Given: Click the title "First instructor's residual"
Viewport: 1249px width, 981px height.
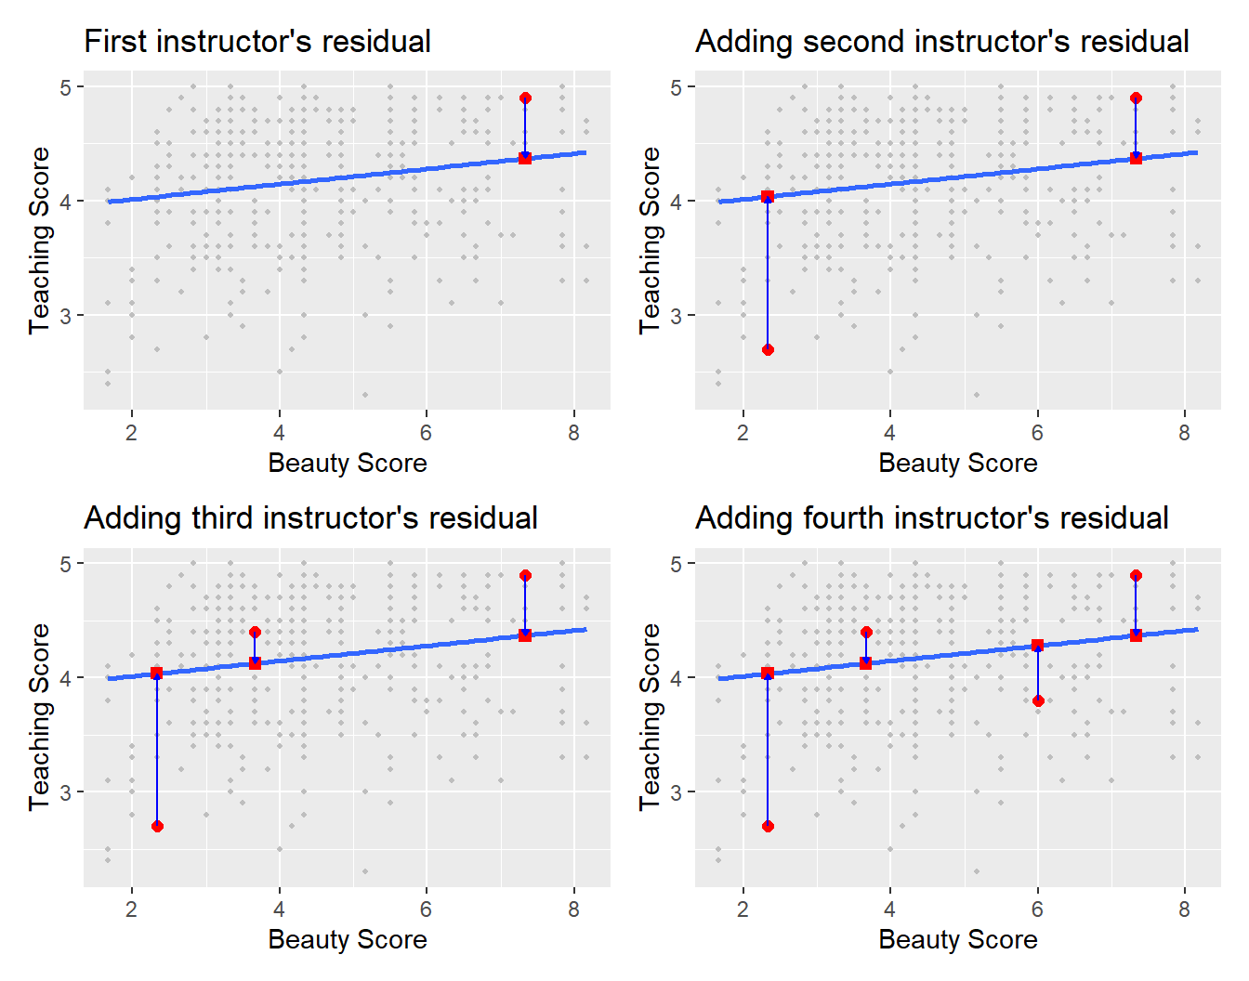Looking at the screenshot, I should coord(257,42).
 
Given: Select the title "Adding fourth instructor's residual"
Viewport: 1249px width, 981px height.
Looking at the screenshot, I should coord(932,518).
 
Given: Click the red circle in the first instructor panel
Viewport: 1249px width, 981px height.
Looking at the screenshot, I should coord(525,98).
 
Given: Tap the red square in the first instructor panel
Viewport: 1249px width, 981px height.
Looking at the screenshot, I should coord(525,158).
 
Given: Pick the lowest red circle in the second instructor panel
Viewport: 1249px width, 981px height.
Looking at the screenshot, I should coord(768,349).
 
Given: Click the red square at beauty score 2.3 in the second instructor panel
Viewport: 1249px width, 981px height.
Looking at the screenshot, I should coord(768,196).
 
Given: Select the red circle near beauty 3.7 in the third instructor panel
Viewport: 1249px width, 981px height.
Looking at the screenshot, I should coord(255,632).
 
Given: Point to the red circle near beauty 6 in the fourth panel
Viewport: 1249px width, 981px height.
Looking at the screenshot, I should coord(1038,700).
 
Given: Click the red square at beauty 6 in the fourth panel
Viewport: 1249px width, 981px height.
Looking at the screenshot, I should coord(1038,645).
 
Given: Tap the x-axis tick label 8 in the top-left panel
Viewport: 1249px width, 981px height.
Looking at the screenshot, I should coord(573,433).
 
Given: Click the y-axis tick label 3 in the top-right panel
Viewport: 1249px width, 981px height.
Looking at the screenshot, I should coord(676,316).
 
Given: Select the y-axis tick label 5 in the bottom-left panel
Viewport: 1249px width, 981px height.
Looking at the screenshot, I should coord(65,564).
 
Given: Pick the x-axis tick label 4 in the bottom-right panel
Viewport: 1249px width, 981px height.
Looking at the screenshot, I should coord(890,909).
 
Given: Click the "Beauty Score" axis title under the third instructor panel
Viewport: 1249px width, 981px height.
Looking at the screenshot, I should coord(348,939).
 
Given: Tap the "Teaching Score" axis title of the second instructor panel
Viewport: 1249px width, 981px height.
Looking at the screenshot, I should coord(650,240).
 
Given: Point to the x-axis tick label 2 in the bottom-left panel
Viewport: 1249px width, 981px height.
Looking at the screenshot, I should coord(132,909).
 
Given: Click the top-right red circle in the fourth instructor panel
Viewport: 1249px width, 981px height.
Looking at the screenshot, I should coord(1136,576).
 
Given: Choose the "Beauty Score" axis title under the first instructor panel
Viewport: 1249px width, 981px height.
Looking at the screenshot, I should coord(348,463).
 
